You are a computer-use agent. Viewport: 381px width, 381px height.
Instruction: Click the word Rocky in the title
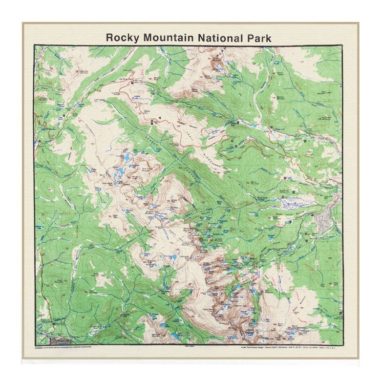[x=122, y=38]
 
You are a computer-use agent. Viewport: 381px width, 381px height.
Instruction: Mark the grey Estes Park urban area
[x=323, y=222]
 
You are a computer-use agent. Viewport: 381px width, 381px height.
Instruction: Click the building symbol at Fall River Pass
[x=133, y=83]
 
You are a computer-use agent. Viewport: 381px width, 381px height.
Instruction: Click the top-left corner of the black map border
[x=34, y=45]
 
